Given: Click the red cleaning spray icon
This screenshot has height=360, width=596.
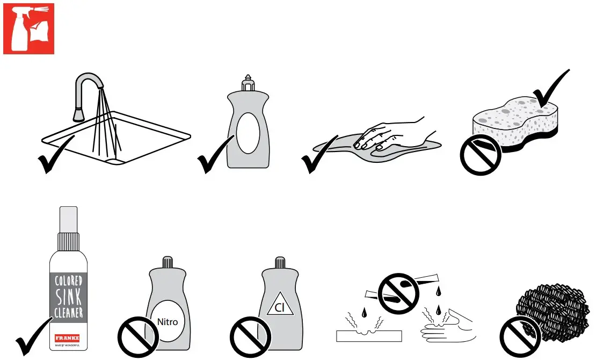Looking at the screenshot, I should point(29,28).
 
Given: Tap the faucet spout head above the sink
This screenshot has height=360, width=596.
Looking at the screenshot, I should point(78,114).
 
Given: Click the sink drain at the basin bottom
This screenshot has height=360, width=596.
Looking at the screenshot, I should point(114,160).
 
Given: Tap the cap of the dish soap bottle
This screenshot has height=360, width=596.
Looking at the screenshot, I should point(248,83).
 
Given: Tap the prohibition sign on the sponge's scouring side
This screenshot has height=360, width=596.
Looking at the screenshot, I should point(481,154).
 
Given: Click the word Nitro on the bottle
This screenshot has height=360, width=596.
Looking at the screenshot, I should point(168,322).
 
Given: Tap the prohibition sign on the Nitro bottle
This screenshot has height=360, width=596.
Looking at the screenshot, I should point(137,337).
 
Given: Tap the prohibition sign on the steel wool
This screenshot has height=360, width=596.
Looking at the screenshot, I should point(520,337).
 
